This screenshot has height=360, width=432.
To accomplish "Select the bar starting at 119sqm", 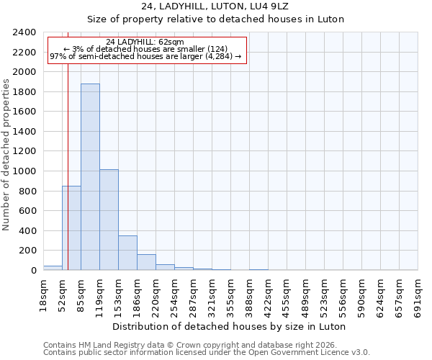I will tap(109, 220).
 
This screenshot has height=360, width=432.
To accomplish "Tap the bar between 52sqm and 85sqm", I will tap(71, 228).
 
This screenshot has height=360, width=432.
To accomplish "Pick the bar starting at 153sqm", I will tap(127, 253).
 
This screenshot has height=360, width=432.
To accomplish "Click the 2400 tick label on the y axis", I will tap(24, 32).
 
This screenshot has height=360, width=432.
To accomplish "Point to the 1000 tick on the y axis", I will tap(24, 171).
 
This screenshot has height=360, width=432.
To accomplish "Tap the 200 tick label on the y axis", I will tap(27, 251).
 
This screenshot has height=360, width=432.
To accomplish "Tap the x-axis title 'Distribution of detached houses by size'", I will tap(230, 326).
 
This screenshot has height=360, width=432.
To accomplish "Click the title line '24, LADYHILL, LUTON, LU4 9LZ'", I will tap(216, 6).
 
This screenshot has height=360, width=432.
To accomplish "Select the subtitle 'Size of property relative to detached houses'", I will tap(216, 19).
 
